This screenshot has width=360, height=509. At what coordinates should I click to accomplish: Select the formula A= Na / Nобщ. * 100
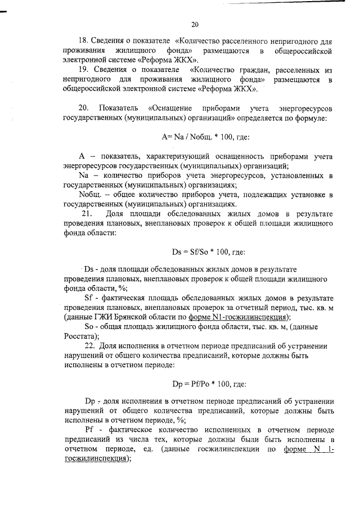(x=204, y=137)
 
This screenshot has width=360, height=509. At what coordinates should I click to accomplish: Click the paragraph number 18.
(x=83, y=42)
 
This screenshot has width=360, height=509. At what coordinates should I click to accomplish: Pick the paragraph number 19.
(x=83, y=71)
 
